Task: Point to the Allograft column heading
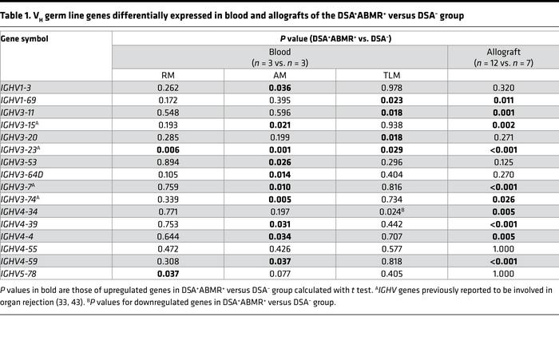point(503,49)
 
